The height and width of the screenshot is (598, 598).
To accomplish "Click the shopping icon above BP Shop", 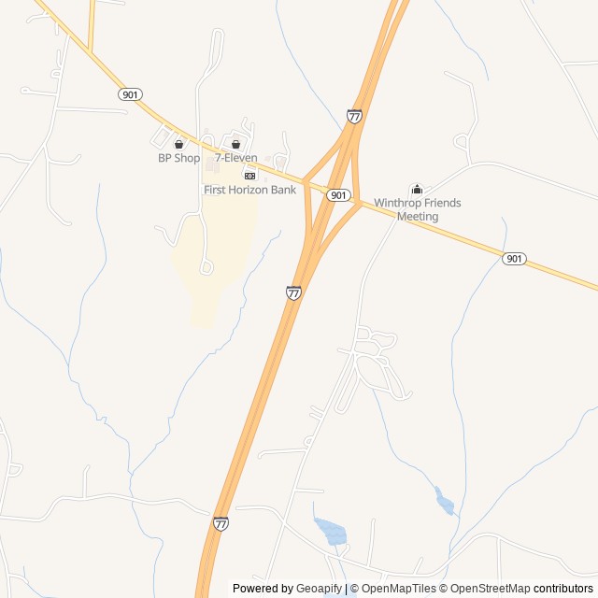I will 178,145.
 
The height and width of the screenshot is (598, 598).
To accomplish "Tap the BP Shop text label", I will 178,158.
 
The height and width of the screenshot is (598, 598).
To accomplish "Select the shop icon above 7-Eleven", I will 235,145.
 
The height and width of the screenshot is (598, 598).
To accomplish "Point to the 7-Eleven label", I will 236,158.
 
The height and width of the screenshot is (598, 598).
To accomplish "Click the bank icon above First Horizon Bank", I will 249,176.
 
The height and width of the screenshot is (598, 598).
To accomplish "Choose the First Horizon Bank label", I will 250,190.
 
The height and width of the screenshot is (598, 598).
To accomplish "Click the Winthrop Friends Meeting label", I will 418,209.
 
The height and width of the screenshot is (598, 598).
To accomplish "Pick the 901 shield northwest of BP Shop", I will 131,94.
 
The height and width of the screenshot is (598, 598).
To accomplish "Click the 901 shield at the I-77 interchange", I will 339,195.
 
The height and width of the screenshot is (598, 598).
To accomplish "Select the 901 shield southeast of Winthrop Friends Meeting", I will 514,259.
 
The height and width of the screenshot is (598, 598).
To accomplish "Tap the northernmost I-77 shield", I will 354,116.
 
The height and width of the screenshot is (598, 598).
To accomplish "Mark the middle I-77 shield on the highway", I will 294,292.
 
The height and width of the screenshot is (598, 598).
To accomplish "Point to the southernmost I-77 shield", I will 221,523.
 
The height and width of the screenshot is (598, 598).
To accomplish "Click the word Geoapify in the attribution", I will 319,589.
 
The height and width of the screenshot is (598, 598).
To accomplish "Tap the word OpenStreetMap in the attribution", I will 491,589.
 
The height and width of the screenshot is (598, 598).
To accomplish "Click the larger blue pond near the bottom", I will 332,533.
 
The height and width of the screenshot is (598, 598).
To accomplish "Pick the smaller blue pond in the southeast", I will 445,503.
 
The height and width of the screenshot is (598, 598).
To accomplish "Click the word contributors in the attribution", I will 563,589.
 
